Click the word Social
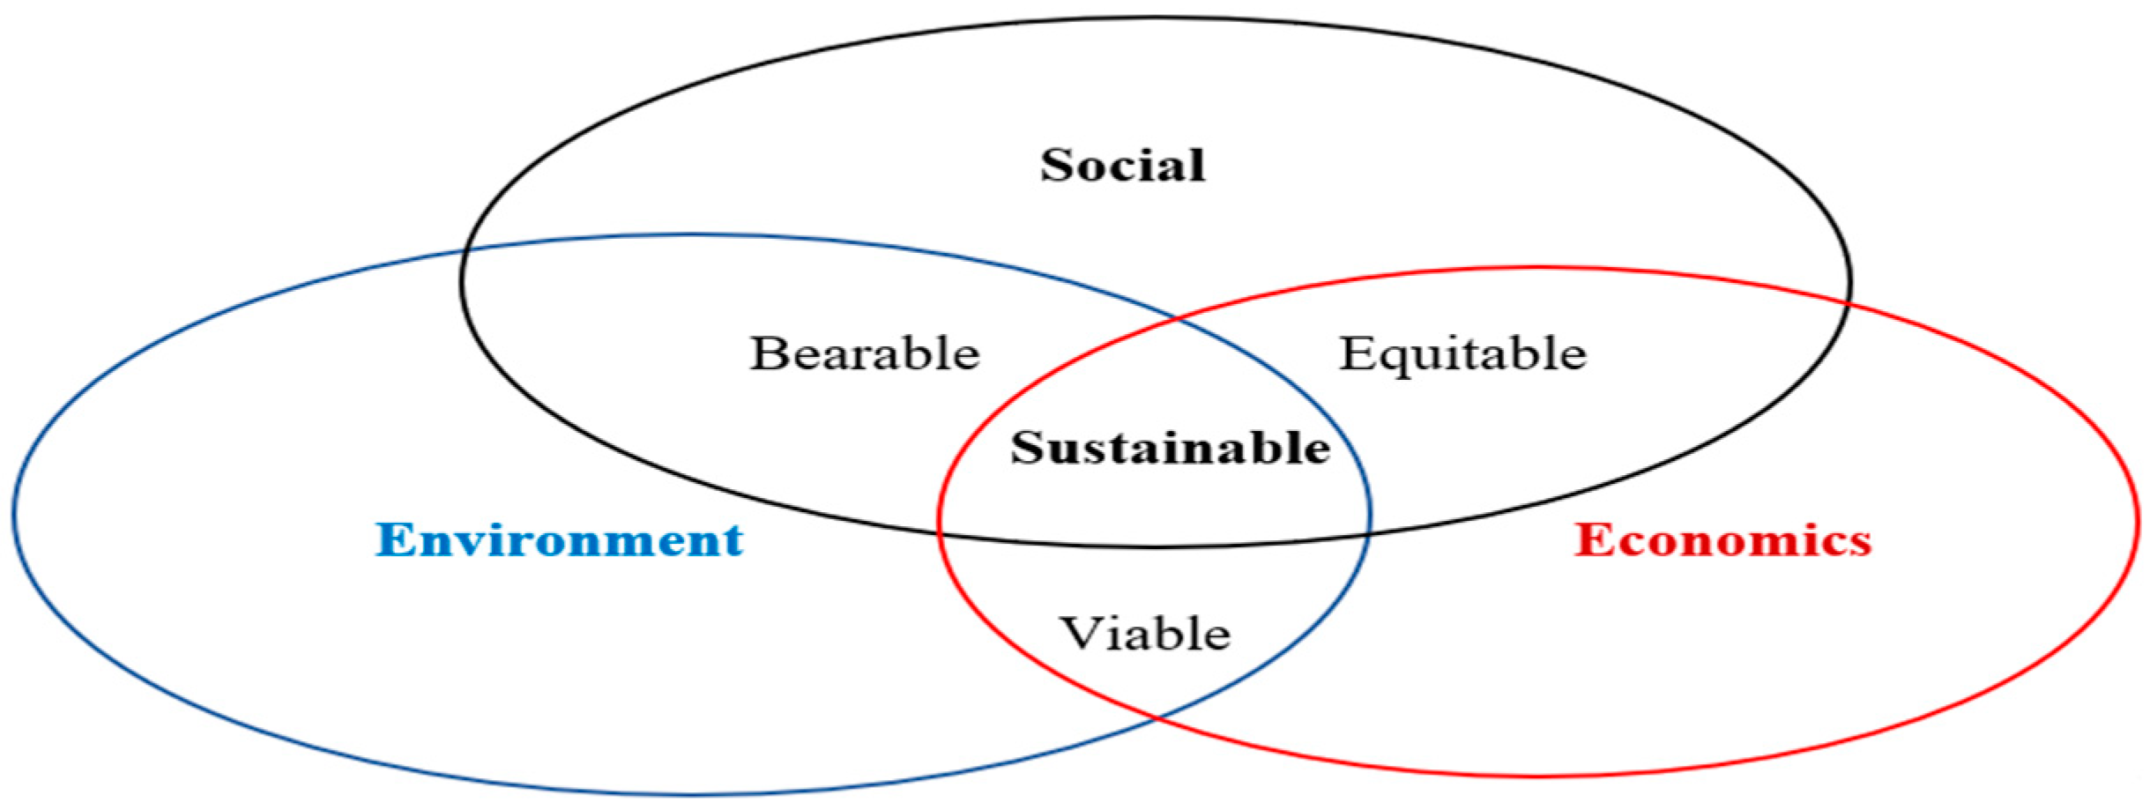tap(1122, 166)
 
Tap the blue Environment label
tap(559, 539)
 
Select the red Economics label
tap(1722, 539)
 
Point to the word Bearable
tap(864, 353)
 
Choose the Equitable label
tap(1462, 354)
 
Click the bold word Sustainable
tap(1170, 448)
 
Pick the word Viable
tap(1144, 633)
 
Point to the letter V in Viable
tap(1077, 633)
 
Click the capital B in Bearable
tap(767, 353)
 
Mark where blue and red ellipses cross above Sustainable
tap(1179, 319)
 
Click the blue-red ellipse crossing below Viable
tap(1157, 718)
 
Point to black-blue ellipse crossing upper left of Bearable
tap(467, 250)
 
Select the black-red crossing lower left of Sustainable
tap(940, 532)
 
